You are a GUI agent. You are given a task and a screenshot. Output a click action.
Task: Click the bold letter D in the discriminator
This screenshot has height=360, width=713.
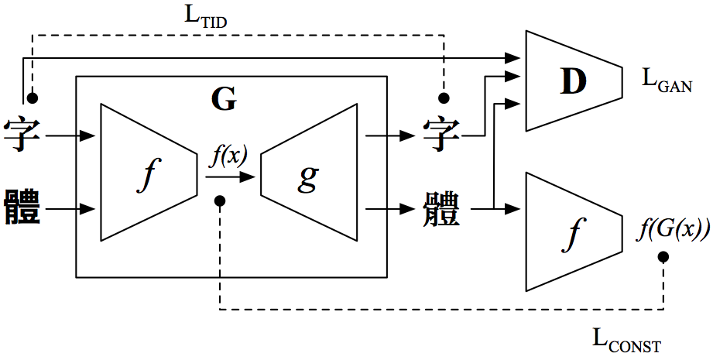click(x=574, y=82)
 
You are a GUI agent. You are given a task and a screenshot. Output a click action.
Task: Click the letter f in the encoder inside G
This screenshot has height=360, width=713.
click(x=146, y=176)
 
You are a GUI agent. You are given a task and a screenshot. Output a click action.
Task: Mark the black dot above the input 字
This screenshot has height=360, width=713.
click(x=32, y=98)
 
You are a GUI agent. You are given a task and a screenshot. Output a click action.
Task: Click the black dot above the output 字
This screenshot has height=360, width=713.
click(x=444, y=98)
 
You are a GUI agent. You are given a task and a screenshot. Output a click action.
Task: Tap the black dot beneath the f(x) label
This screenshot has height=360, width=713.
click(x=220, y=201)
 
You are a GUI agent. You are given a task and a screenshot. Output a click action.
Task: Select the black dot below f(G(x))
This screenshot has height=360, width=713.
click(x=663, y=257)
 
